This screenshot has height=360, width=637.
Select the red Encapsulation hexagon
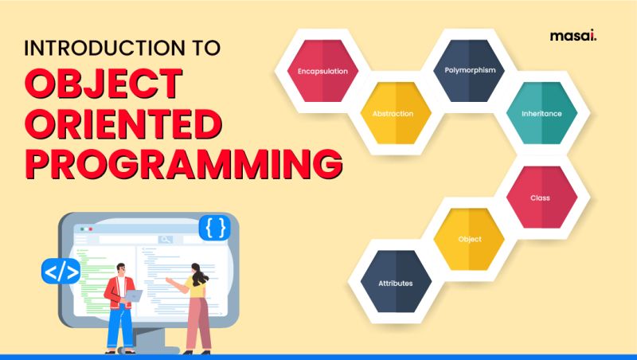(322, 71)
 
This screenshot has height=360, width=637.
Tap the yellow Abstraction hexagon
(393, 113)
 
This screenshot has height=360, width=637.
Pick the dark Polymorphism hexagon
(469, 71)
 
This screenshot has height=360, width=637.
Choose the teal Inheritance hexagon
(541, 113)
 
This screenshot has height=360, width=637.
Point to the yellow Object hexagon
(469, 239)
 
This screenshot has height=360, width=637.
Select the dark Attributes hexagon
(396, 282)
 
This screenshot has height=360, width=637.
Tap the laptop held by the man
(133, 295)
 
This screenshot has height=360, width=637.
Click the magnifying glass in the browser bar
(165, 239)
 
